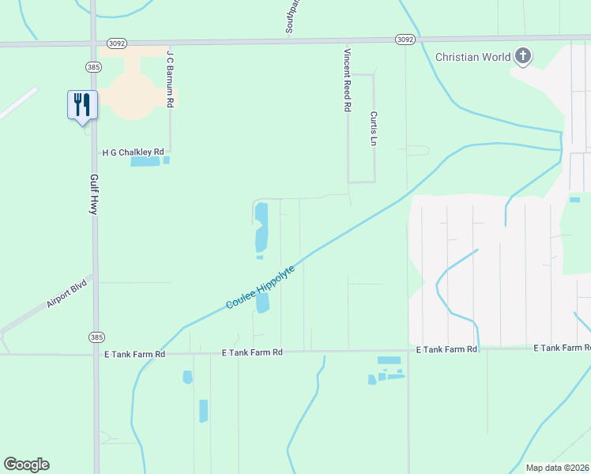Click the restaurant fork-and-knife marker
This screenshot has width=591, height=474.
[82, 104]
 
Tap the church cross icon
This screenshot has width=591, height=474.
[522, 56]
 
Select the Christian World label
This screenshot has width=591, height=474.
[472, 57]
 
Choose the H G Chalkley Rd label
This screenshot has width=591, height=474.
[133, 152]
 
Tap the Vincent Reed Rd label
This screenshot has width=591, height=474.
[346, 80]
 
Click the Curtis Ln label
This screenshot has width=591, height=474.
[374, 129]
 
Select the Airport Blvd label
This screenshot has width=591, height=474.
[66, 293]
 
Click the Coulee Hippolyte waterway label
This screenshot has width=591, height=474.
[260, 287]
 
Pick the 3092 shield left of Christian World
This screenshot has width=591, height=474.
[405, 39]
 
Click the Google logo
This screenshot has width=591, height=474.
[26, 465]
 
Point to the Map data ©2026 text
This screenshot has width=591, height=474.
[557, 468]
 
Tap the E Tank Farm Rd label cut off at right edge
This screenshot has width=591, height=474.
[562, 348]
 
